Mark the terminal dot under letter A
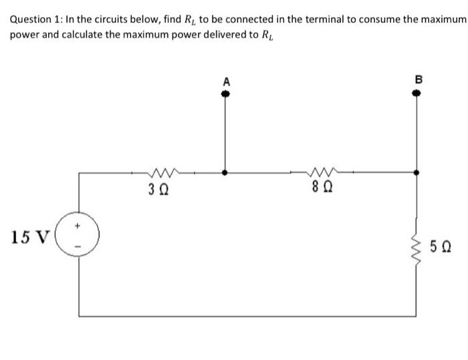point(225,94)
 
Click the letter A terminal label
point(225,81)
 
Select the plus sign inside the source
point(81,227)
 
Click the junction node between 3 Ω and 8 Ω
point(225,172)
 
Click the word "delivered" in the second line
point(196,34)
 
